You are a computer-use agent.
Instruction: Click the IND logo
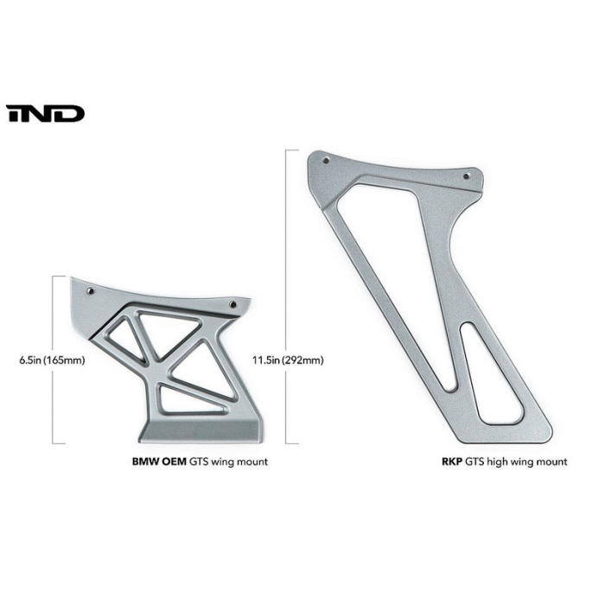tap(45, 114)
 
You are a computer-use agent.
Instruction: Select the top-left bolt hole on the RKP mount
tap(325, 161)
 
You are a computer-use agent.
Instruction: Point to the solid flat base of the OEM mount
tap(199, 430)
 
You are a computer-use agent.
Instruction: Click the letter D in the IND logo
tap(71, 114)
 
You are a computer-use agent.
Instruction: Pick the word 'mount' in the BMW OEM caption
tap(250, 462)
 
